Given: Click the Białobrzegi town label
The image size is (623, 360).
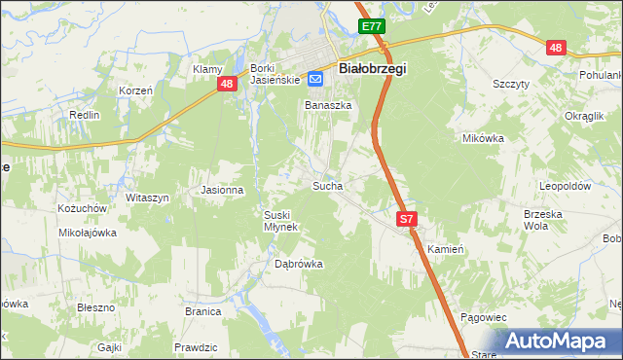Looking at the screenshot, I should (372, 69).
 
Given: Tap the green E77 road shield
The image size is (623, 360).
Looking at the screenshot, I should (370, 27).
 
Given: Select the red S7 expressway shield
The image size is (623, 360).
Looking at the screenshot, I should (407, 220).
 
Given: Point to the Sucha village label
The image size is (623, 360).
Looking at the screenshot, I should (326, 184).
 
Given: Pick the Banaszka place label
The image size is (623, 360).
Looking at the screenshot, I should (327, 105).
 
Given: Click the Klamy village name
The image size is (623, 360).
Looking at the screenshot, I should (208, 69).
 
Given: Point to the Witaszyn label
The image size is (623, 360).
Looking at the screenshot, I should (147, 198).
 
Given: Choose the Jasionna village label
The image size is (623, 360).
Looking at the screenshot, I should (221, 190).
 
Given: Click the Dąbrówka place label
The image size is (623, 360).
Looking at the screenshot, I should (298, 263).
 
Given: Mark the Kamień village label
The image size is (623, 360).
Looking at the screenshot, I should (444, 249).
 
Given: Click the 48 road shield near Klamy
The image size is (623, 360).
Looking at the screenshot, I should (226, 85).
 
